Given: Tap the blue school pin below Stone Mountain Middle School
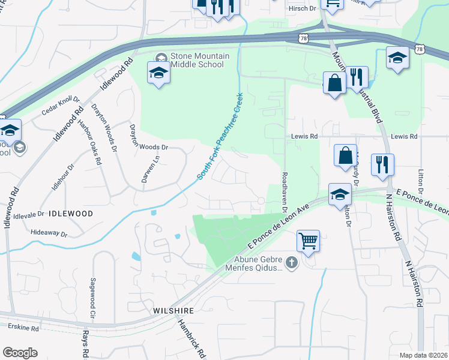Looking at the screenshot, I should click(158, 73).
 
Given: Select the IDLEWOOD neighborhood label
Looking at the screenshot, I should click(71, 214).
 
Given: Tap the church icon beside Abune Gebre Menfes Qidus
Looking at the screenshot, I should click(291, 262).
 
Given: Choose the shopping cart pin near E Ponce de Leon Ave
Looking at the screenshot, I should click(308, 241).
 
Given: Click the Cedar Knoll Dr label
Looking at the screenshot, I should click(61, 106).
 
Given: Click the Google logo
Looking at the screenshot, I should click(20, 352).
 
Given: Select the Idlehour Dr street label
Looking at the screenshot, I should click(62, 177).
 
